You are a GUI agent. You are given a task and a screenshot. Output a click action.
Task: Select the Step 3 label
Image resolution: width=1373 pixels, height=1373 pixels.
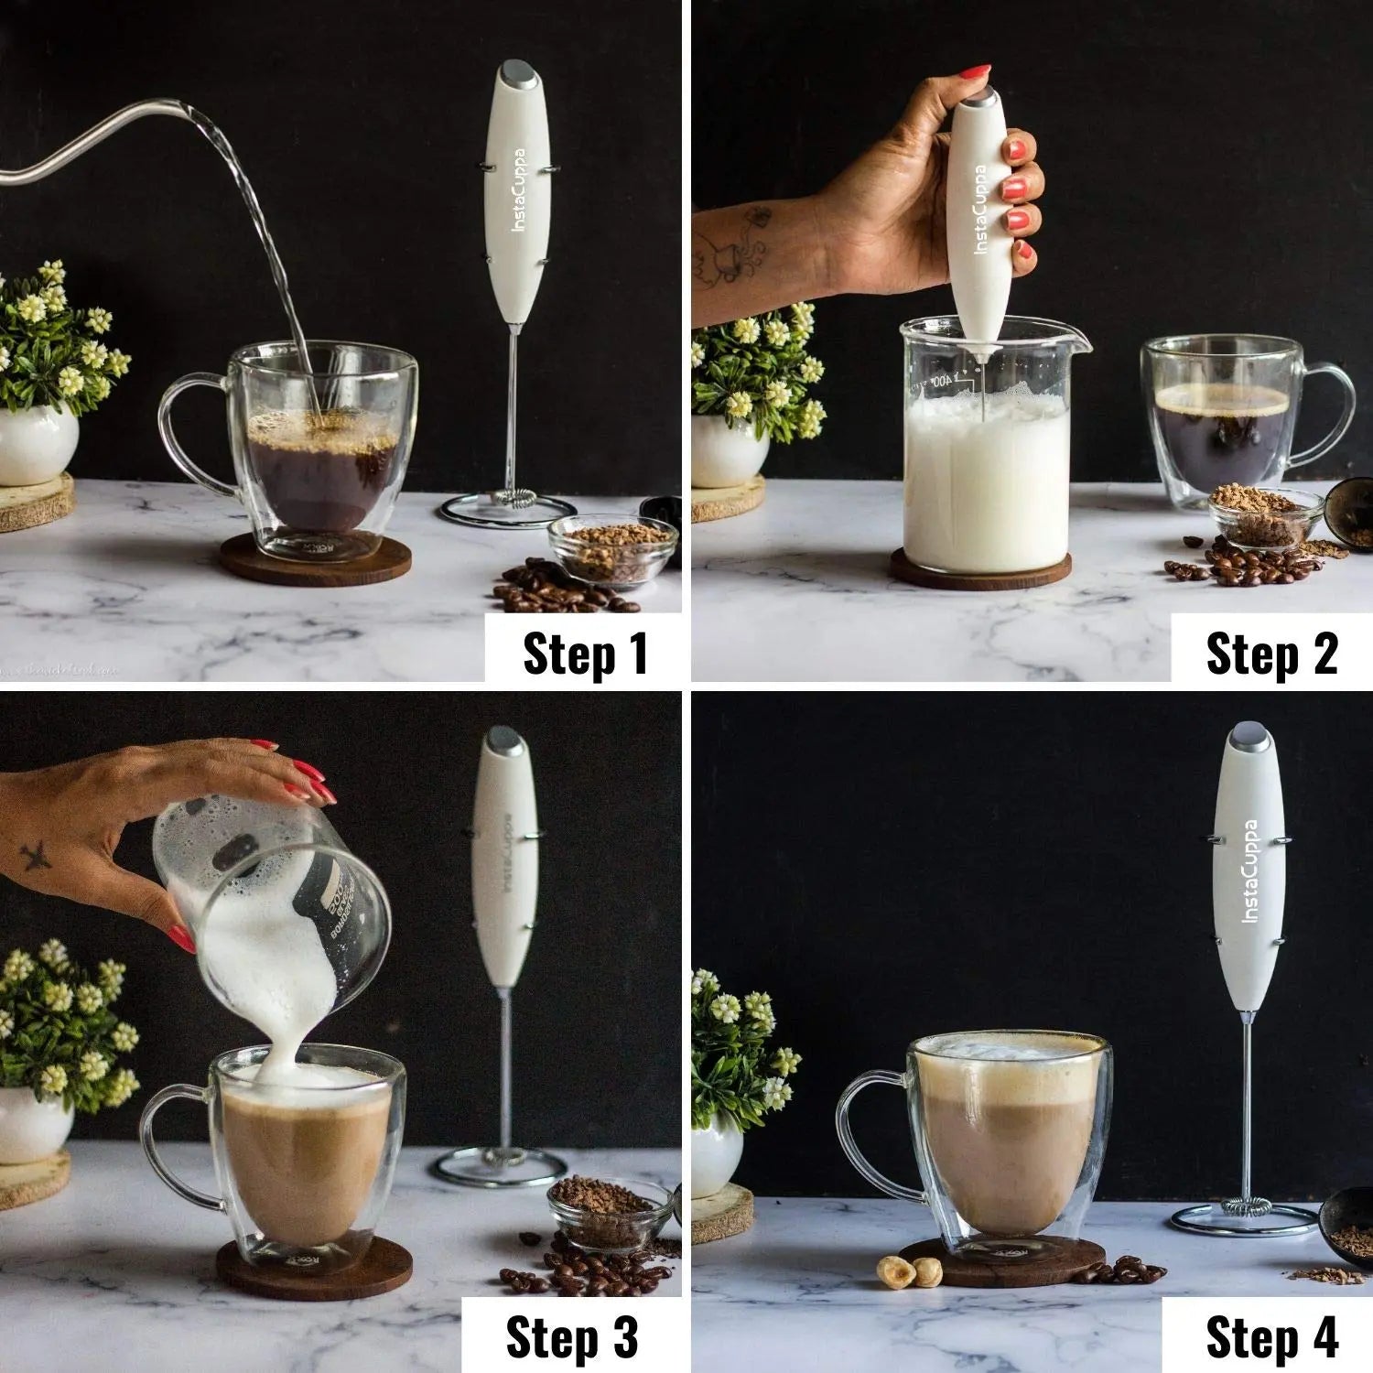[x=571, y=1338]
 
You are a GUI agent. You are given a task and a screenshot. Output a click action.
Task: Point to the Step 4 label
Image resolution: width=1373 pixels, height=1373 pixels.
[x=1271, y=1338]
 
